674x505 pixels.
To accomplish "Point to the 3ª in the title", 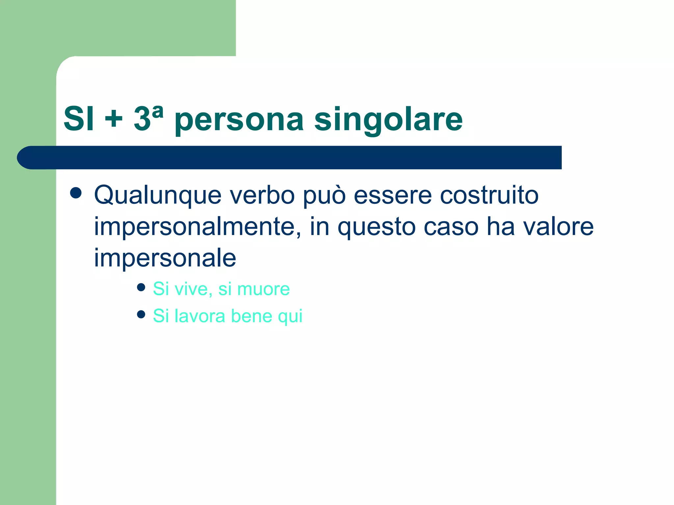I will pos(148,118).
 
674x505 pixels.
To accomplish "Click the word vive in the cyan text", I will pos(193,289).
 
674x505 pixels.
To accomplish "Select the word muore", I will pos(263,289).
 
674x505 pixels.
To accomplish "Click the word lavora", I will pos(200,316).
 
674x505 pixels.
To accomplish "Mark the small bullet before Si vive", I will pos(141,288).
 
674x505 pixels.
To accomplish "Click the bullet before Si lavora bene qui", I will pos(141,315).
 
